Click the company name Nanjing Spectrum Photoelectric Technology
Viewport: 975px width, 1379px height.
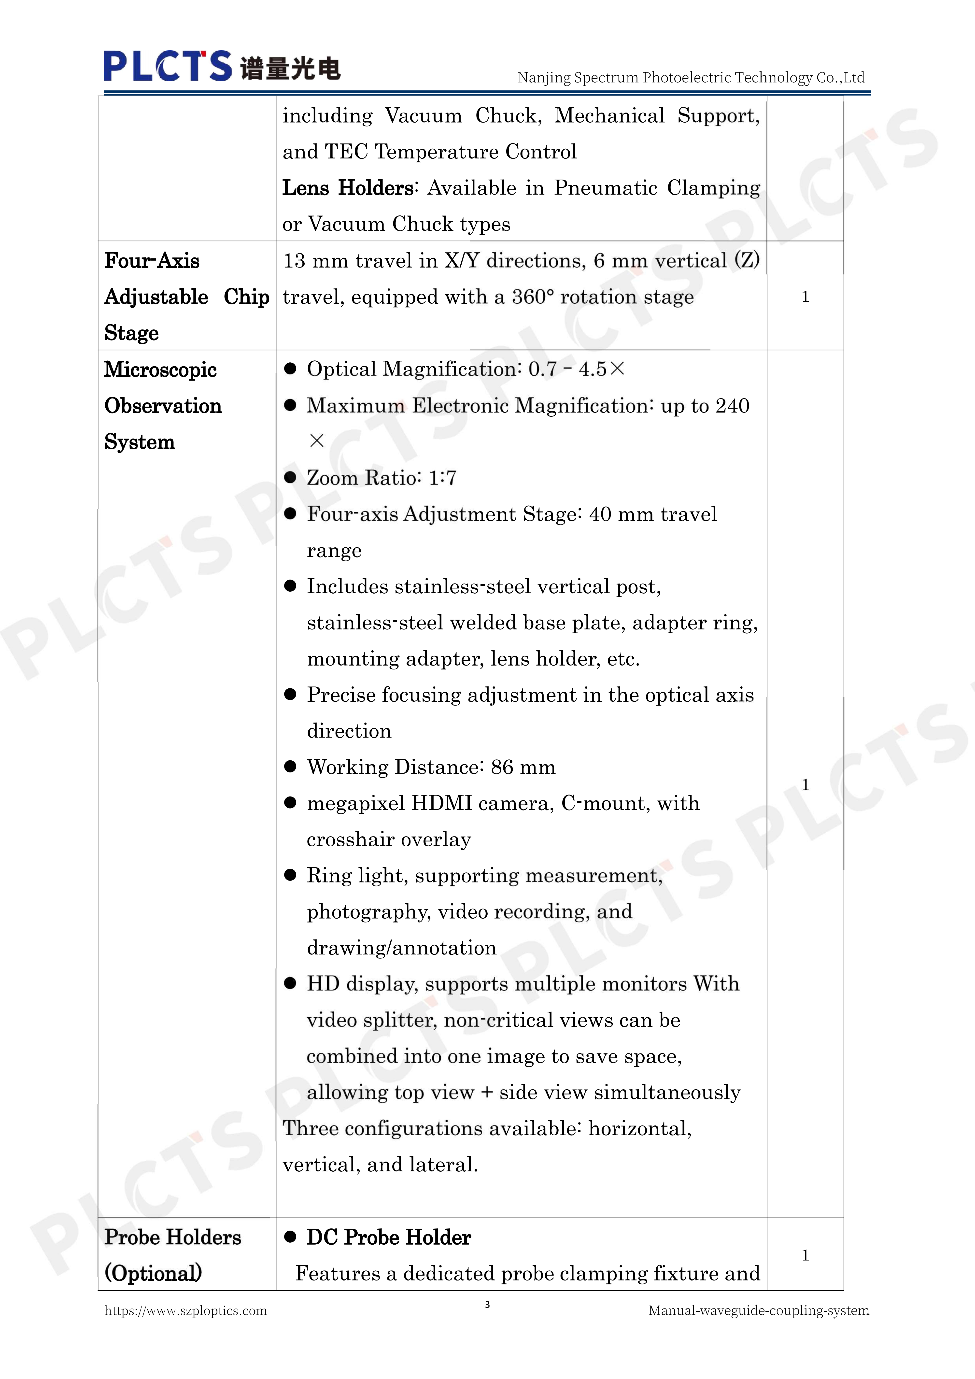tap(691, 77)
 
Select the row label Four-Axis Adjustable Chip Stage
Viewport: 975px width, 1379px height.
tap(186, 297)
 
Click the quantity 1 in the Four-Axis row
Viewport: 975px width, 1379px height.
tap(805, 297)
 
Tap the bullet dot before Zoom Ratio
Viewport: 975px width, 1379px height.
tap(291, 478)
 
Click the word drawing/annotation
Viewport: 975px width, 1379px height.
tap(401, 948)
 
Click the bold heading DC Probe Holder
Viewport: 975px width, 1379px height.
tap(388, 1237)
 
